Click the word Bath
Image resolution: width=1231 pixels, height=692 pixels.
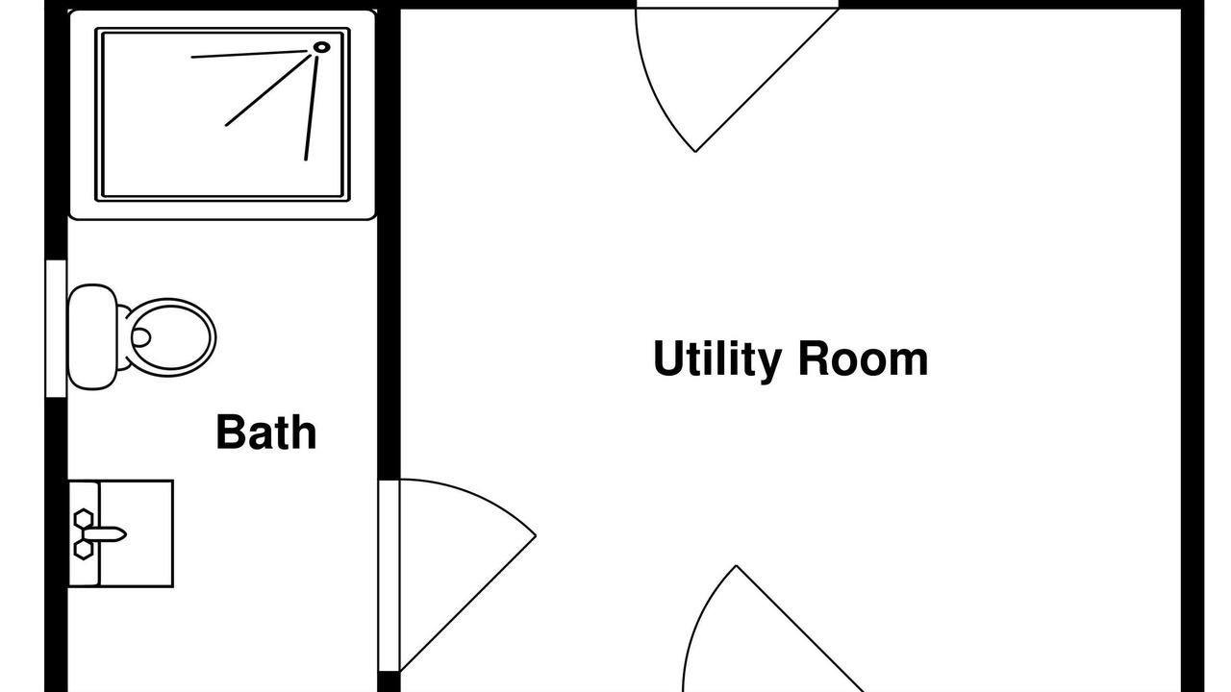coord(266,432)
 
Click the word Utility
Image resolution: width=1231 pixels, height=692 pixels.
coord(717,359)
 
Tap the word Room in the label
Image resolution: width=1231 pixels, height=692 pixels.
coord(863,358)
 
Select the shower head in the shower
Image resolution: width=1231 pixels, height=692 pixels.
coord(321,47)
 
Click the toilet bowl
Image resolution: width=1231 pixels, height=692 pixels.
coord(172,337)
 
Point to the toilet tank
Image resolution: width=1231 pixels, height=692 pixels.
coord(92,337)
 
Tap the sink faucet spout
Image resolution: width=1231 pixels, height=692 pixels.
coord(107,534)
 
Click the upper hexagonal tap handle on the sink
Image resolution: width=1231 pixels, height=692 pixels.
coord(84,518)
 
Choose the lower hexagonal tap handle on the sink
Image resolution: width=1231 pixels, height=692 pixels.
coord(84,550)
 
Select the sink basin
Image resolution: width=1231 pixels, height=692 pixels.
coord(136,533)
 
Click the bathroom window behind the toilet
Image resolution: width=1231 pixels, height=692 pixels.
coord(56,329)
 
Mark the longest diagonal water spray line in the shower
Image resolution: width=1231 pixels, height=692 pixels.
coord(268,90)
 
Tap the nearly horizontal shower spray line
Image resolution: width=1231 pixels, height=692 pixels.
coord(249,55)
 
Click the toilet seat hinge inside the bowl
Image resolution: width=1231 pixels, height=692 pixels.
coord(140,337)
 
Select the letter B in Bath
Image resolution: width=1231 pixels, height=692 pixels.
coord(229,432)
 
